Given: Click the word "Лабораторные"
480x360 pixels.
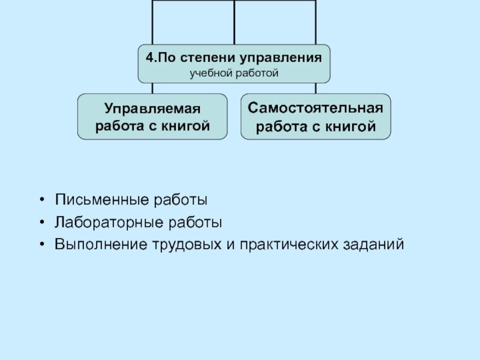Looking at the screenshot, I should pyautogui.click(x=100, y=223).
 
